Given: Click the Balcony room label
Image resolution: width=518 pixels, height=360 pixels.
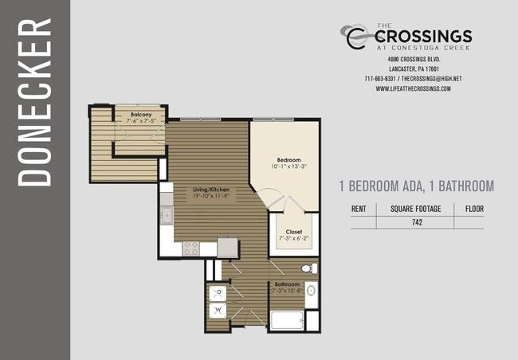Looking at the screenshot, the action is [141, 115].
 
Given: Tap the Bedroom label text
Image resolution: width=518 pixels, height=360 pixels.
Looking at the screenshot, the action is [288, 160].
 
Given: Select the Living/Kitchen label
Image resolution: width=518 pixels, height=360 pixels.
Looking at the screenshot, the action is [211, 190].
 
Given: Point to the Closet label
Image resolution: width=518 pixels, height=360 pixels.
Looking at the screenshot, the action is [294, 232].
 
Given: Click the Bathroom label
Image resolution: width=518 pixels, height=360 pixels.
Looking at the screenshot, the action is [287, 284].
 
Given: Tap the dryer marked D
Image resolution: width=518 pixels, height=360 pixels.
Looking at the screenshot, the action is [218, 293].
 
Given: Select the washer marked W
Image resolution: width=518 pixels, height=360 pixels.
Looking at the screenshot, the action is [218, 311].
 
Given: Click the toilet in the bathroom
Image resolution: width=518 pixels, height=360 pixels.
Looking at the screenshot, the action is [309, 268].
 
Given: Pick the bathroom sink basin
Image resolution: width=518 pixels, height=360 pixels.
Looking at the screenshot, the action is [311, 291].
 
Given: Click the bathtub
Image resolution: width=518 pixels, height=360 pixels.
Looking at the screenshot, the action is [287, 320].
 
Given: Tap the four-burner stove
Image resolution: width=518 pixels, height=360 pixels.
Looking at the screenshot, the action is [191, 248].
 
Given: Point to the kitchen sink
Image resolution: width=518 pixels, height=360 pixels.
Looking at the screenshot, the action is [167, 216].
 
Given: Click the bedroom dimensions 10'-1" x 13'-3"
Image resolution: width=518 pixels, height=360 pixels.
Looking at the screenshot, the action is [289, 166].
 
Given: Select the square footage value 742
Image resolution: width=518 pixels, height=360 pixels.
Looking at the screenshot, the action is [418, 222].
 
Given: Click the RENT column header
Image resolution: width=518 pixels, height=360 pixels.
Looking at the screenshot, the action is [359, 209].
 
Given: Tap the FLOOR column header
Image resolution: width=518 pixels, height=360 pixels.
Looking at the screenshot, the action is [474, 209].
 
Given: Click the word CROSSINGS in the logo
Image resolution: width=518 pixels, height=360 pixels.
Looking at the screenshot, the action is [423, 37].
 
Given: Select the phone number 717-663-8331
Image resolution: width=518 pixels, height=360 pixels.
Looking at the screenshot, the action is [380, 79].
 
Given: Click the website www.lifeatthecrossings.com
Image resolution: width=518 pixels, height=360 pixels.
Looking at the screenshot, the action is [414, 88].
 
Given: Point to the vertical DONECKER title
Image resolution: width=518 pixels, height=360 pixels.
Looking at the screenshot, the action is [35, 102].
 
